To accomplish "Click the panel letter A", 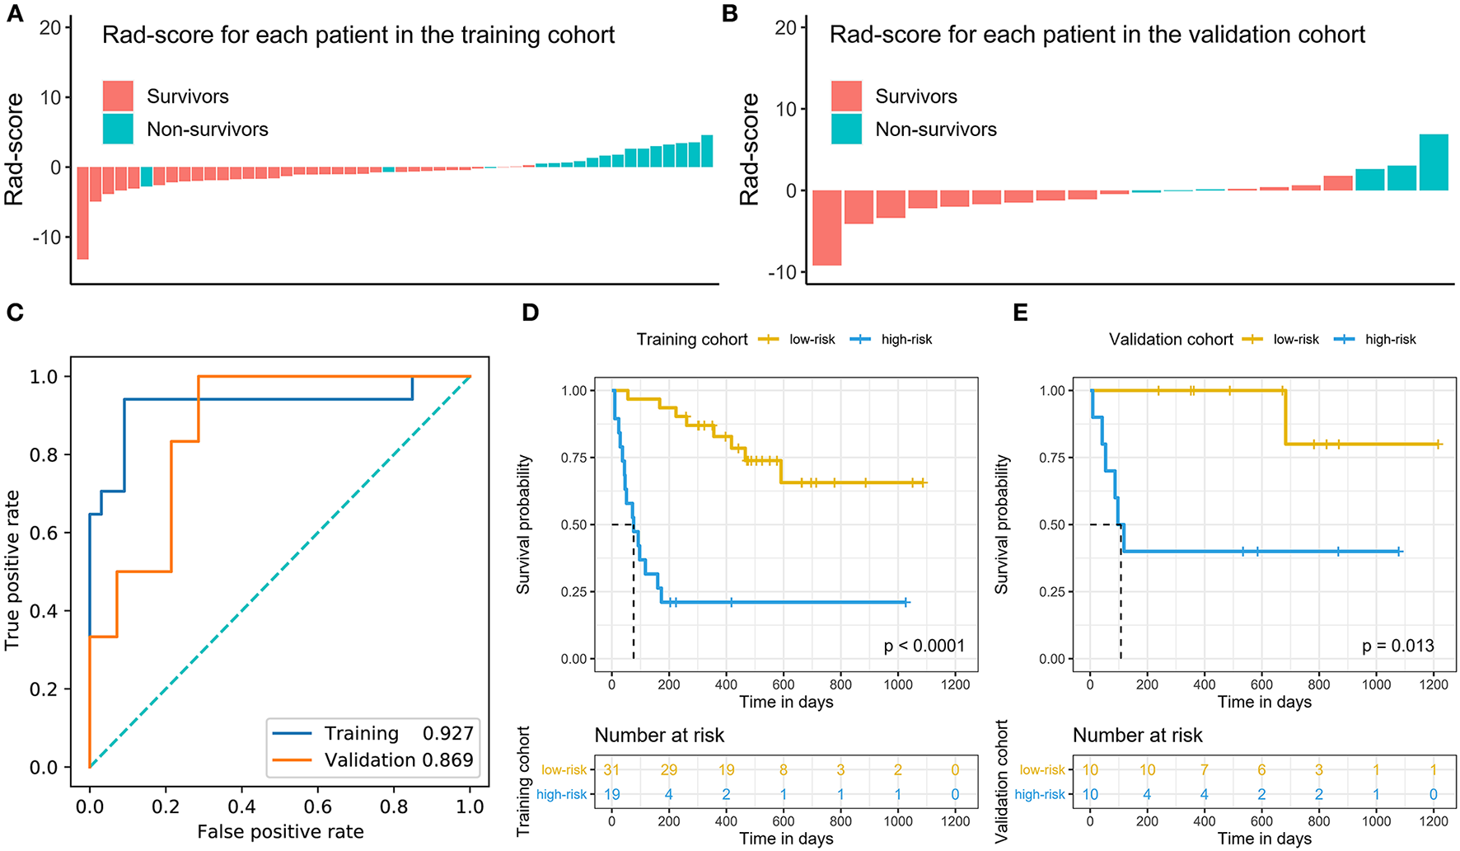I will pos(14,14).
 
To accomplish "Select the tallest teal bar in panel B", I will pos(1433,162).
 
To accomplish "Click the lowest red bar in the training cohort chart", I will pos(82,213).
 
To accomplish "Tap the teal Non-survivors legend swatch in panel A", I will pos(118,129).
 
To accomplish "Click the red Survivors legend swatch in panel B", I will pos(846,96).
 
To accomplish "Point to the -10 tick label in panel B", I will pos(784,272).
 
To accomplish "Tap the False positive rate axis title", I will pos(280,832).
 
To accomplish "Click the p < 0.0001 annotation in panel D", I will pos(924,646).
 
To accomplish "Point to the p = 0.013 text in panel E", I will pos(1397,646).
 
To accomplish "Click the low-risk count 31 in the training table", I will pos(611,770).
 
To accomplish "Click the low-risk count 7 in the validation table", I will pos(1204,770).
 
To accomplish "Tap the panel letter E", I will pos(1020,313).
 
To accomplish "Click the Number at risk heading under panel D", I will pos(659,735).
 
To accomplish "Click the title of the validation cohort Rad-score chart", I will pos(1097,35).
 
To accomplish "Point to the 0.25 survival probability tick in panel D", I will pos(574,592).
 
